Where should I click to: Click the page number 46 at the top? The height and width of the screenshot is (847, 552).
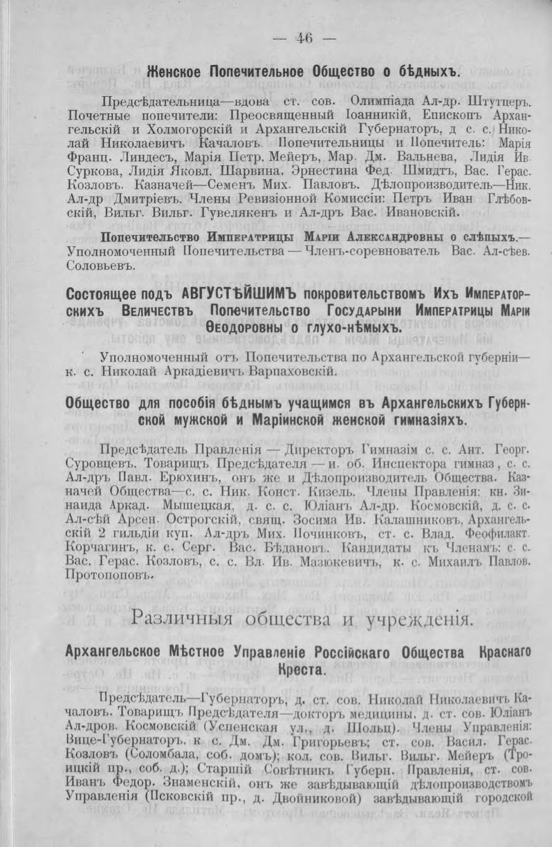point(304,39)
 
